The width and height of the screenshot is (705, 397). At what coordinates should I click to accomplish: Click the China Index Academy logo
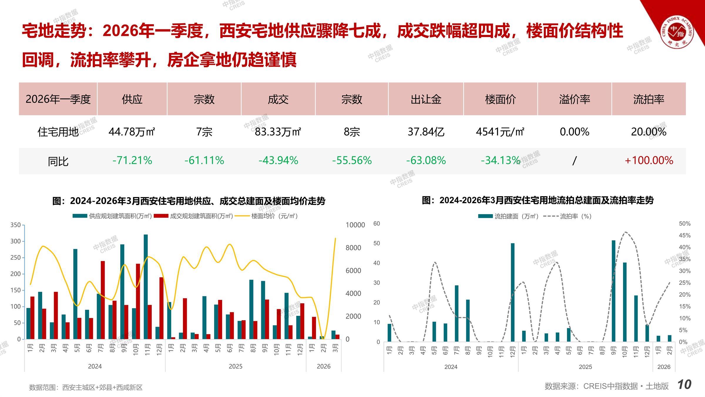[x=677, y=32]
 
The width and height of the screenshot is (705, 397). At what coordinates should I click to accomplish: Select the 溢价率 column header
[x=575, y=99]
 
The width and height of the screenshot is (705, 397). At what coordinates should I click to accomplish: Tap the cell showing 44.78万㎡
[x=132, y=132]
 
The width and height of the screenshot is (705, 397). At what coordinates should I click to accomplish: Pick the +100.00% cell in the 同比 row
[x=649, y=161]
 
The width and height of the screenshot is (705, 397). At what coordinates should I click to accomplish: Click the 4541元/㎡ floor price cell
[x=500, y=132]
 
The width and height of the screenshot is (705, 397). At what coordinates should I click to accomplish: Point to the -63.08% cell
[x=426, y=161]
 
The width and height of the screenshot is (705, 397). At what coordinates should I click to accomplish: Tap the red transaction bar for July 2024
[x=103, y=300]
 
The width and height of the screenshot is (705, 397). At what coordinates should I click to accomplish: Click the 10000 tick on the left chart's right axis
[x=355, y=225]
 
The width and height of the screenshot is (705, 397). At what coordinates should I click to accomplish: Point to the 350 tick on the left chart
[x=16, y=225]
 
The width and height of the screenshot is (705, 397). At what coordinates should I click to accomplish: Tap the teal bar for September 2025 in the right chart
[x=613, y=291]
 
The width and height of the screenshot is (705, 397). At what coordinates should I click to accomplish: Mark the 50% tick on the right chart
[x=684, y=224]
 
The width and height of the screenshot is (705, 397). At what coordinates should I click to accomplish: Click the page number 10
[x=684, y=385]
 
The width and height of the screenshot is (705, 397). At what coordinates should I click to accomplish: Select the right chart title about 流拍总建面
[x=538, y=201]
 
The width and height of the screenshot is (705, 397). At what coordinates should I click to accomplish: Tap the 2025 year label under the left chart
[x=236, y=366]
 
